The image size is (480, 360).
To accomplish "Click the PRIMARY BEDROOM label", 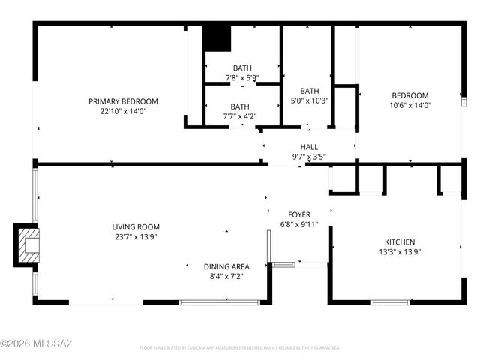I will [123, 101].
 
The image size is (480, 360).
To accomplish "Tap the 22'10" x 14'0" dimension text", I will [123, 111].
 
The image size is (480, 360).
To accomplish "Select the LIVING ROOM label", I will [136, 226].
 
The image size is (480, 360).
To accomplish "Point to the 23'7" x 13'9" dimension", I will [136, 237].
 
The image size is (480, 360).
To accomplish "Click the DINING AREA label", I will [226, 266].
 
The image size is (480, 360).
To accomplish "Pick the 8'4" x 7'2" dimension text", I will [226, 276].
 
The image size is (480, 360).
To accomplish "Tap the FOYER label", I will [299, 214].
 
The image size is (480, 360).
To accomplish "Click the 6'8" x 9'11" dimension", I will [299, 224].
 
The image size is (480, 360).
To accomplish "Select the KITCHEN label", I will [400, 242].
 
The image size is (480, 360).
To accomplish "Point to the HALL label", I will [309, 147].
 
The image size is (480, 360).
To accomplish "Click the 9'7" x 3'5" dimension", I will [309, 157].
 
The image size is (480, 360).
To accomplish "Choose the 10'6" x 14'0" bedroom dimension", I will [410, 105].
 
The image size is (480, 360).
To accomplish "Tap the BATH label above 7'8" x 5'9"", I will [241, 67].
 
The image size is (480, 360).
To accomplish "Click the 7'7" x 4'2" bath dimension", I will [240, 116].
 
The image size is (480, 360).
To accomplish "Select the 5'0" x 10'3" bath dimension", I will [310, 100].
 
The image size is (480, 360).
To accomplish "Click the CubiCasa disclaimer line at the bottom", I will [240, 348].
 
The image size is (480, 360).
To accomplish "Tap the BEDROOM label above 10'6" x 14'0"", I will [410, 95].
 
